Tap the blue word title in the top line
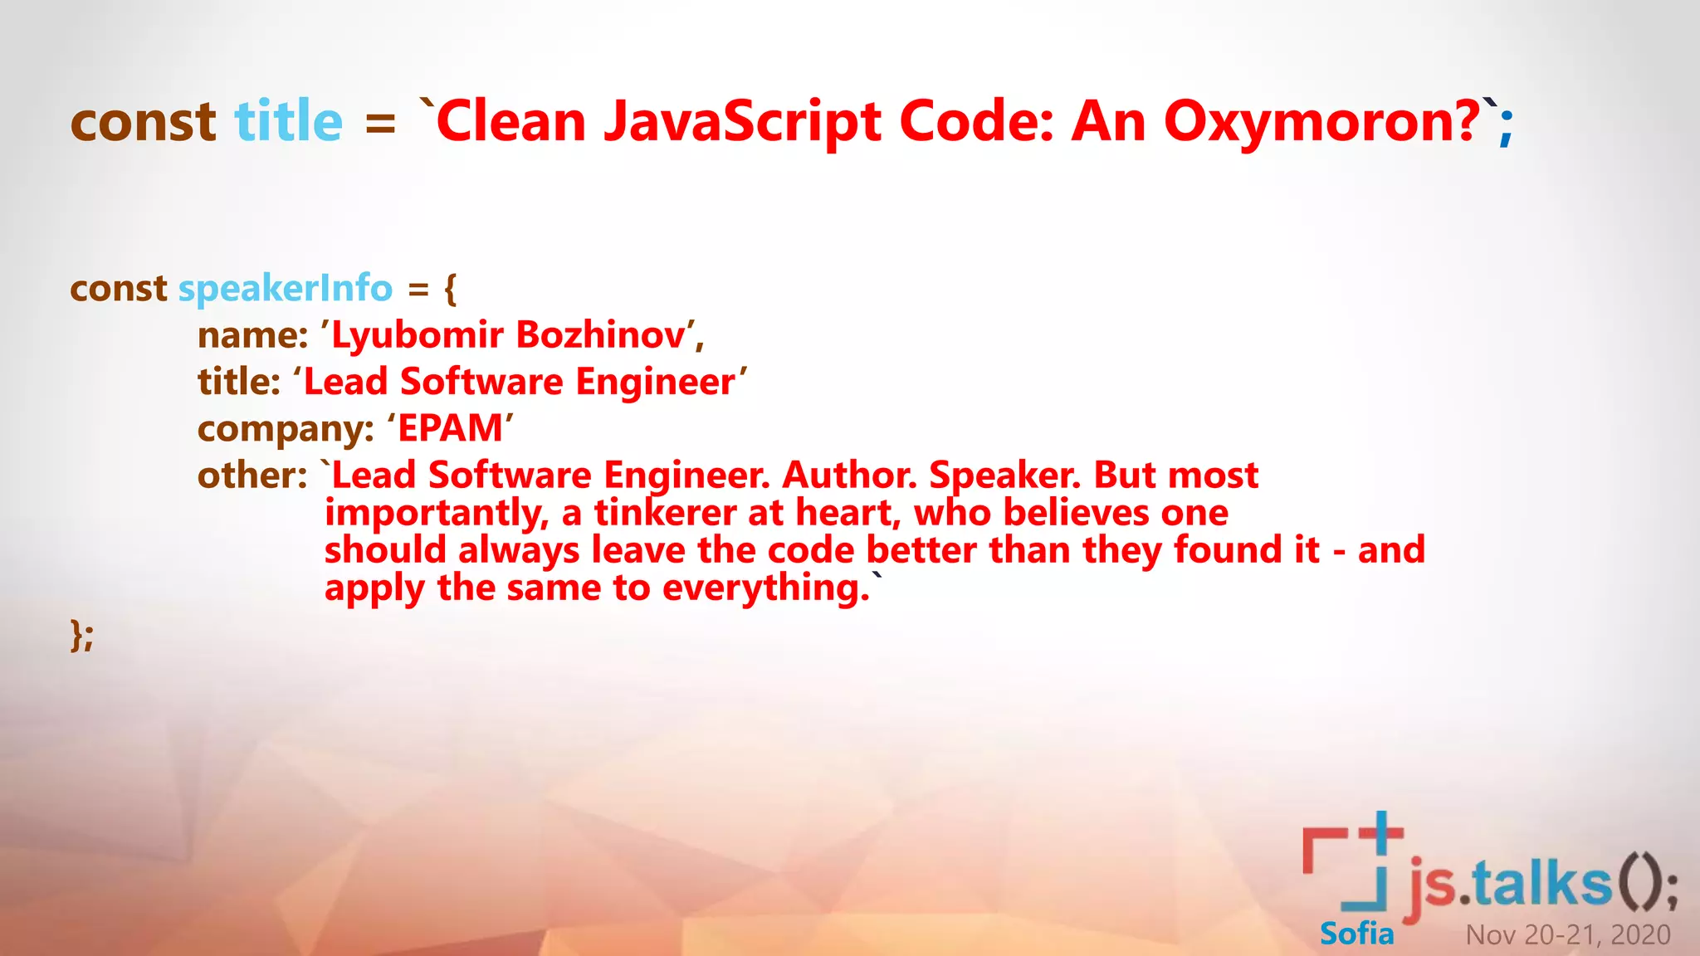pyautogui.click(x=288, y=121)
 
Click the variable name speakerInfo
pyautogui.click(x=285, y=288)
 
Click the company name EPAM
pyautogui.click(x=450, y=428)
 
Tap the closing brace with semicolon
pyautogui.click(x=81, y=636)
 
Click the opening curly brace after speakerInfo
pyautogui.click(x=450, y=289)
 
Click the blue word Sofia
pyautogui.click(x=1356, y=934)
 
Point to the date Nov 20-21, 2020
pyautogui.click(x=1567, y=934)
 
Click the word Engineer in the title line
pyautogui.click(x=655, y=382)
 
